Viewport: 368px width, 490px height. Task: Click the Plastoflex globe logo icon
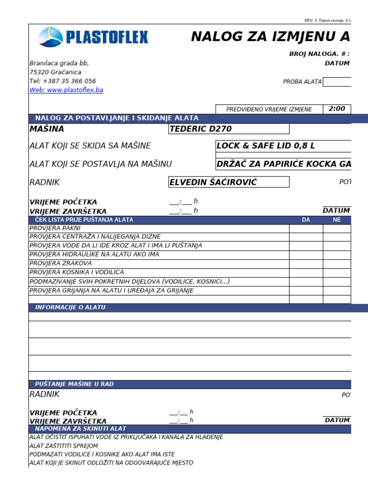(50, 37)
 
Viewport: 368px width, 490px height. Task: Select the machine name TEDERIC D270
(201, 129)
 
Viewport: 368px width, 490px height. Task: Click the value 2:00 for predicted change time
(337, 109)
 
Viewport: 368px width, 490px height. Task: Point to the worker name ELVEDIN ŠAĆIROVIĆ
(213, 182)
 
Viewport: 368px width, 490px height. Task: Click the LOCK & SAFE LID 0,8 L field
(266, 146)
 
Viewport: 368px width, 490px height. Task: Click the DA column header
(306, 220)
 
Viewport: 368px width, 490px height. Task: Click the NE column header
(337, 220)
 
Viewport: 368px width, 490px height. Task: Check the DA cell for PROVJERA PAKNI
(306, 228)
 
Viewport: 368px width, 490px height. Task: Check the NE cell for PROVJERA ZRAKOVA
(337, 264)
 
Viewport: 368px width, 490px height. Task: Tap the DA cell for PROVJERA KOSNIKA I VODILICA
(306, 272)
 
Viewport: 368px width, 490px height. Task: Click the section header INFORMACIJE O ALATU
(70, 307)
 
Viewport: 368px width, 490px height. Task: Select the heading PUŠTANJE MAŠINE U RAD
(74, 384)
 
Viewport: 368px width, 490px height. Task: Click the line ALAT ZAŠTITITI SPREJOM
(64, 445)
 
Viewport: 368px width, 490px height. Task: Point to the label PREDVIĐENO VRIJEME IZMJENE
(269, 110)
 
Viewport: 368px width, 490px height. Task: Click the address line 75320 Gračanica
(55, 72)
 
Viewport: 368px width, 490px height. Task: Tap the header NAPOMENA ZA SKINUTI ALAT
(80, 429)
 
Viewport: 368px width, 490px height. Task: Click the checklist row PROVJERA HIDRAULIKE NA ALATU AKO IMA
(94, 255)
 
